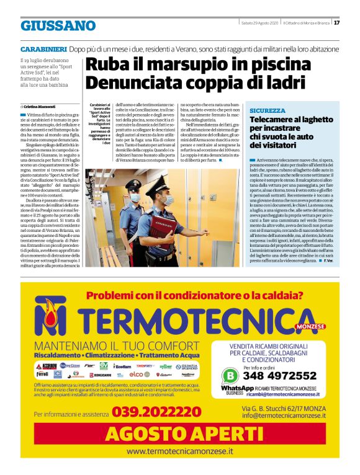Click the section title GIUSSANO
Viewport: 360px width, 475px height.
58,26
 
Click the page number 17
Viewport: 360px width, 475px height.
336,24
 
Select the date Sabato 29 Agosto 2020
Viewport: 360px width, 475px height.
260,23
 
